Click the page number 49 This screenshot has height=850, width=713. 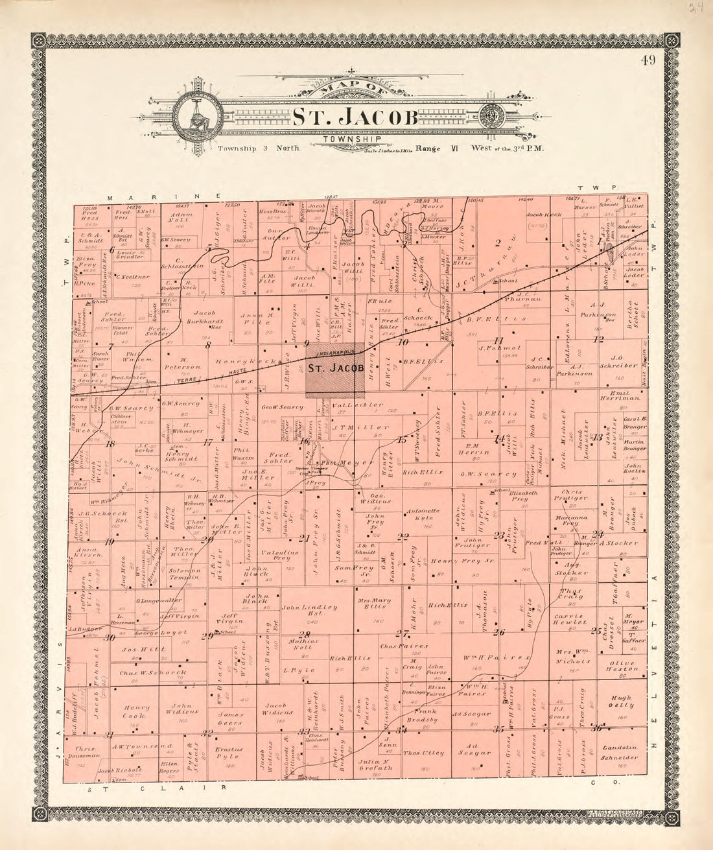[x=648, y=62]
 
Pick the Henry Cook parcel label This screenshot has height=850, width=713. [x=137, y=711]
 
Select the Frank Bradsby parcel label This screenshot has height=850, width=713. [x=423, y=714]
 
